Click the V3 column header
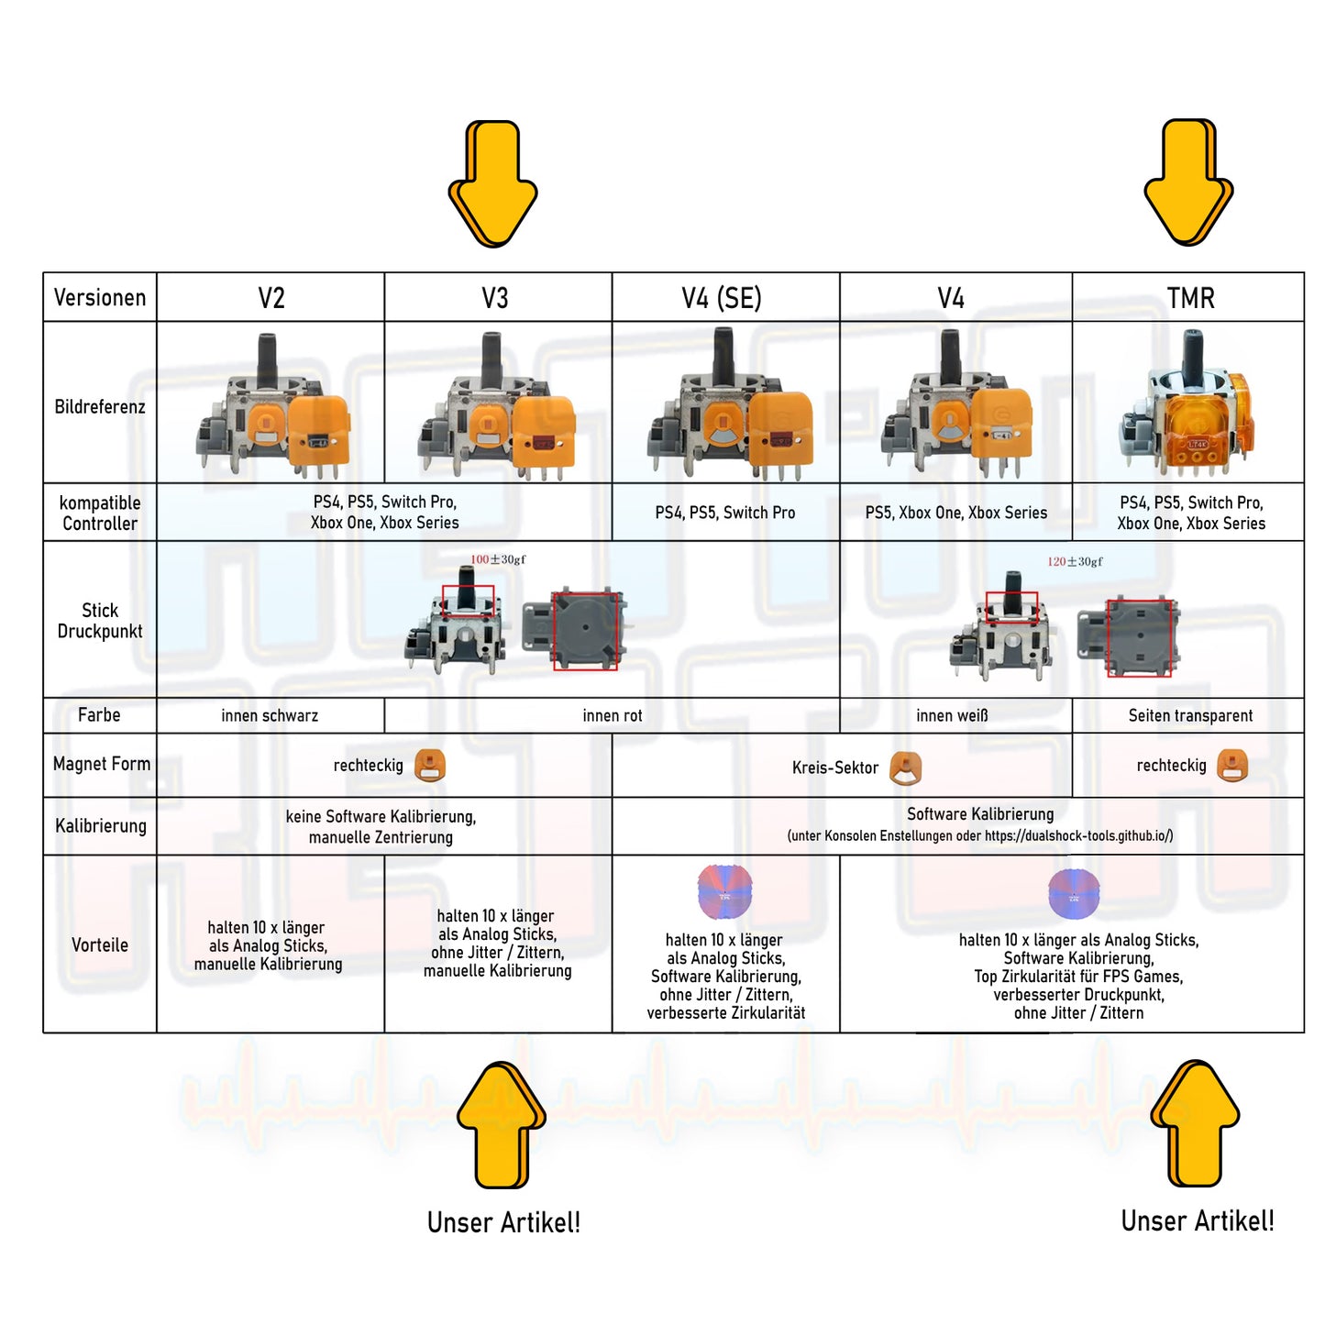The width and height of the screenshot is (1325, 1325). pyautogui.click(x=495, y=298)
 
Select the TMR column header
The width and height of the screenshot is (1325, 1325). pyautogui.click(x=1190, y=298)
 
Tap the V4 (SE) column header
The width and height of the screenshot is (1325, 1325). pyautogui.click(x=722, y=298)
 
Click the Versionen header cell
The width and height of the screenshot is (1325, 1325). pyautogui.click(x=100, y=298)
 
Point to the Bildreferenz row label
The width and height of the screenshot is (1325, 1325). pyautogui.click(x=100, y=406)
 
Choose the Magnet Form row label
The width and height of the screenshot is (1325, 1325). pyautogui.click(x=101, y=764)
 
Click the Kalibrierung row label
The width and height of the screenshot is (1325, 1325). pyautogui.click(x=101, y=825)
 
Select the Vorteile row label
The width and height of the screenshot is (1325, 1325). pyautogui.click(x=100, y=944)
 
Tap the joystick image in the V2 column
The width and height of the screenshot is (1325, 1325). pyautogui.click(x=272, y=405)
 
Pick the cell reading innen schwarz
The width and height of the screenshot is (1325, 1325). pyautogui.click(x=270, y=715)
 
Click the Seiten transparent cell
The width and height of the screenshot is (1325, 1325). pyautogui.click(x=1190, y=715)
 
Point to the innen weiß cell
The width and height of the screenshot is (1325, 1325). pyautogui.click(x=952, y=715)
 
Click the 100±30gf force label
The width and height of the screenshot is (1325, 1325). pyautogui.click(x=498, y=559)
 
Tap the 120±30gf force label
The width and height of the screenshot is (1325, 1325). pyautogui.click(x=1075, y=561)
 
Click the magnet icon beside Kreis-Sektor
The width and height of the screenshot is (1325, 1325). pyautogui.click(x=906, y=767)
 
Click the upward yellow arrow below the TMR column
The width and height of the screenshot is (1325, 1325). pyautogui.click(x=1195, y=1123)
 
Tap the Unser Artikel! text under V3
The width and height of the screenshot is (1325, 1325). pyautogui.click(x=503, y=1222)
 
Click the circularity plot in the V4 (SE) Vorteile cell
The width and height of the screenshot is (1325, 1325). pyautogui.click(x=724, y=891)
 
